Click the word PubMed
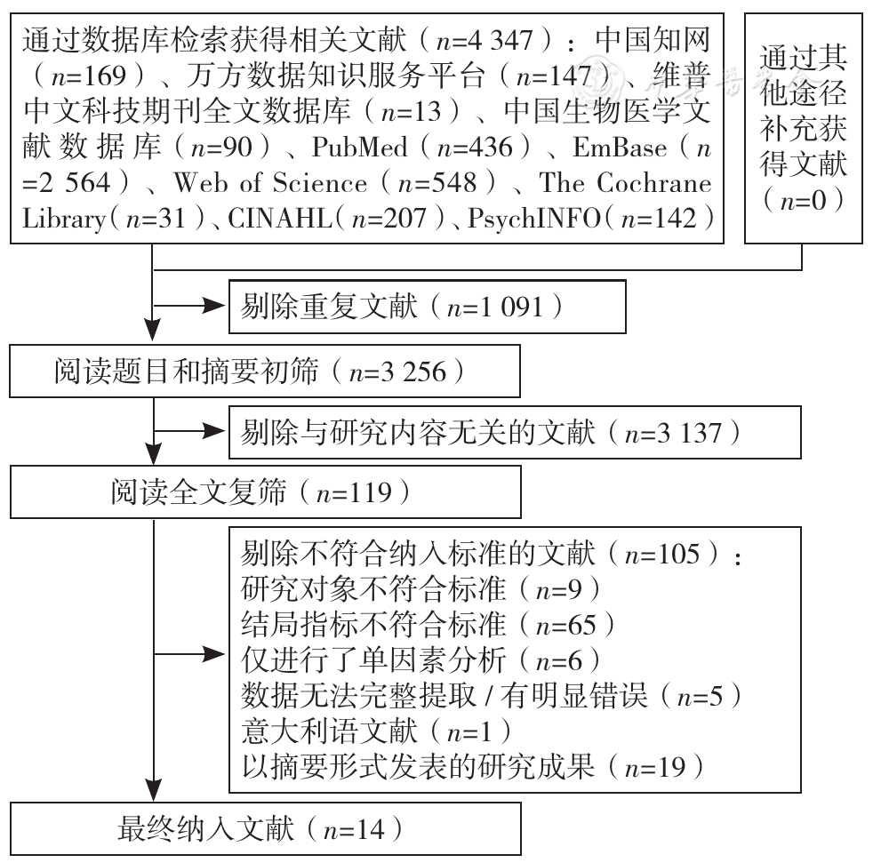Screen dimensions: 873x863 [x=360, y=148]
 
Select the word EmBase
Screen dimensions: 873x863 [x=619, y=148]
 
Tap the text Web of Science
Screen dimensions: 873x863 [x=270, y=183]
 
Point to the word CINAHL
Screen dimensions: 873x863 [x=280, y=219]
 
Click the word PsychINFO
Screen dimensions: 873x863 [x=534, y=219]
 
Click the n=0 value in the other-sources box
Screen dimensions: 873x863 [x=804, y=201]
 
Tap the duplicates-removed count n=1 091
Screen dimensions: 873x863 [x=495, y=307]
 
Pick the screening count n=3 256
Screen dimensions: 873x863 [x=397, y=372]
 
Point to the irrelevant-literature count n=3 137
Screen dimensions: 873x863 [x=674, y=433]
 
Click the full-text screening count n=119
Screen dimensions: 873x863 [x=354, y=492]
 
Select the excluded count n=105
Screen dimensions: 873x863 [x=662, y=554]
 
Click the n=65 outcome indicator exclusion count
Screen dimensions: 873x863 [x=565, y=626]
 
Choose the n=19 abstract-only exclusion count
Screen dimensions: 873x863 [x=655, y=768]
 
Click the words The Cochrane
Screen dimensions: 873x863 [x=625, y=183]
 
